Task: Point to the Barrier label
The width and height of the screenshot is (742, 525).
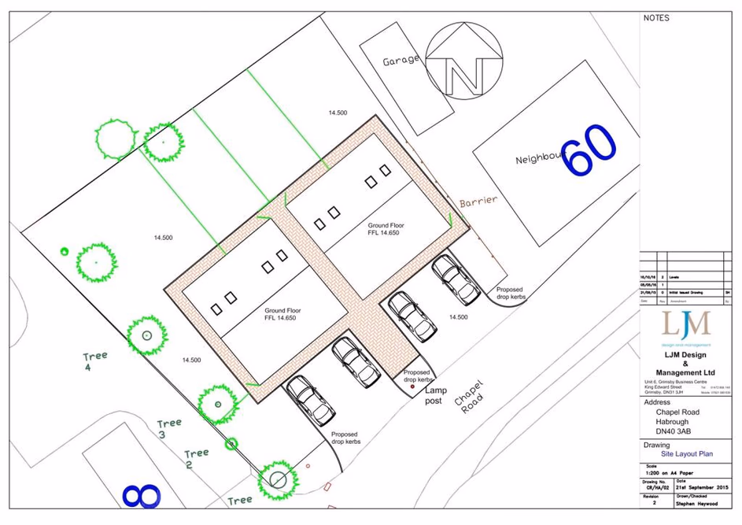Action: point(478,202)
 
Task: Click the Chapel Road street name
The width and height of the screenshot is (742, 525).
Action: point(469,397)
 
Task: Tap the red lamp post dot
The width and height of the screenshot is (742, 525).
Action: point(412,386)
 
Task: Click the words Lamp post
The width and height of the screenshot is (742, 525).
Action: point(436,396)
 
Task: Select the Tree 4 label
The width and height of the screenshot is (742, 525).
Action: point(95,360)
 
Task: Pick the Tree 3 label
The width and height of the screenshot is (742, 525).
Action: point(169,428)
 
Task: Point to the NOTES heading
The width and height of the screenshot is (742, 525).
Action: point(656,17)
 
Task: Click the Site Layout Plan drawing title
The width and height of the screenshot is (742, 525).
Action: point(686,454)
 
